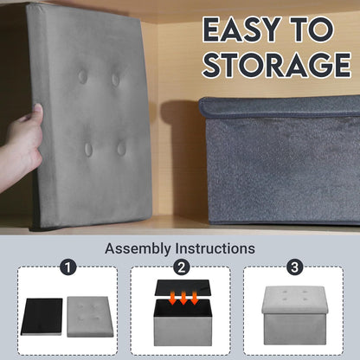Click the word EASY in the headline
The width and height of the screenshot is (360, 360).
(x=242, y=29)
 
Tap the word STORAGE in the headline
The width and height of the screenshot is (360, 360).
(x=277, y=65)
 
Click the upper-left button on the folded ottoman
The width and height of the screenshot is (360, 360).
(x=82, y=76)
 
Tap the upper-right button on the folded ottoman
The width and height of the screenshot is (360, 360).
(x=115, y=79)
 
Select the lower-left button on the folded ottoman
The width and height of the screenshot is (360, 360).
(x=88, y=149)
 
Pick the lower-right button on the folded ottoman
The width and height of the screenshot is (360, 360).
(x=121, y=148)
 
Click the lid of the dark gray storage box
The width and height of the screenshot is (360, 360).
(x=280, y=107)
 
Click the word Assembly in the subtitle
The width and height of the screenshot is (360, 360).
(x=138, y=248)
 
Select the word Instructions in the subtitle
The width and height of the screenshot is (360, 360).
(x=215, y=248)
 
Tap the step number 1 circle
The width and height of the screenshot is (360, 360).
(x=68, y=267)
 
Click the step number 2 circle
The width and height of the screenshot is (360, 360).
(x=181, y=267)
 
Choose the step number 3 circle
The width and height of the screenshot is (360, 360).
(x=294, y=267)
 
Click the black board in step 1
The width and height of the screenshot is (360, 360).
(x=42, y=317)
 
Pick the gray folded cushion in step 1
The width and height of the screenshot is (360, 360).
(x=90, y=317)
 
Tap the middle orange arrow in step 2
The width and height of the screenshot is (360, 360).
(x=183, y=298)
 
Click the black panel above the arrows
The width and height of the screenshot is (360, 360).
(x=183, y=287)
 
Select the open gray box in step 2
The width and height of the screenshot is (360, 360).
(x=183, y=322)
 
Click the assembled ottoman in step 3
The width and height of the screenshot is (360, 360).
(x=294, y=315)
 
